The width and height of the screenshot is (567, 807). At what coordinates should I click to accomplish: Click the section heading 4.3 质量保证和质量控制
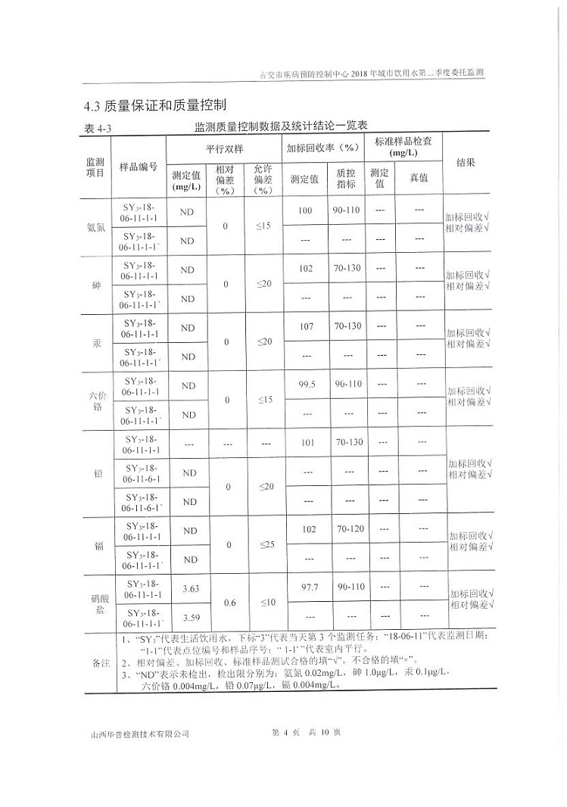tap(156, 104)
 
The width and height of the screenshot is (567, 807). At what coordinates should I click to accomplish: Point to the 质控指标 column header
tap(346, 179)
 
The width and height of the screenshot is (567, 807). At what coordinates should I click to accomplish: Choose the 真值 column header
tap(418, 178)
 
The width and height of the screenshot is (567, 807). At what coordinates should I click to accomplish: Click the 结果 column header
tap(466, 163)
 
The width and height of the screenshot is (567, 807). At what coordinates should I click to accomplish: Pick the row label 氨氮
tap(95, 227)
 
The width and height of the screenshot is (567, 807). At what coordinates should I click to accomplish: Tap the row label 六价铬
tap(95, 400)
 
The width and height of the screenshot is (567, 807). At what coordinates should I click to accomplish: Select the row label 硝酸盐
tap(95, 603)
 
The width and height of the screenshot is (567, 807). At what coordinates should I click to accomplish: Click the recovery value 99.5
tap(306, 385)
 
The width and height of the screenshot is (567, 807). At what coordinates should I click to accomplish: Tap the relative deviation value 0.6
tap(226, 603)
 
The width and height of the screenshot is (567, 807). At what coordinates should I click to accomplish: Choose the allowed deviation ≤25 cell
tap(263, 544)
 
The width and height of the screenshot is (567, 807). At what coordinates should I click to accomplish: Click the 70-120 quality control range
tap(345, 528)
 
